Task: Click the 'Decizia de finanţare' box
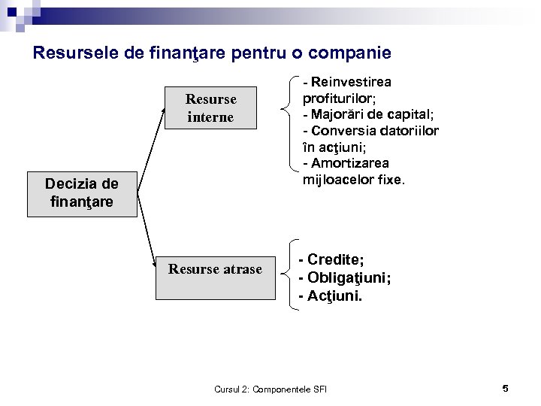[82, 193]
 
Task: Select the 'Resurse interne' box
[210, 108]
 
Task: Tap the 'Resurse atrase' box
[215, 269]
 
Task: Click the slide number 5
[505, 388]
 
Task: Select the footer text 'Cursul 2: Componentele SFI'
[275, 389]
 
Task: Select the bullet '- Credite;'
[331, 259]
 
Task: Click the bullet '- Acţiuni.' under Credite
[330, 296]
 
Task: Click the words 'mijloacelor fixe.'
[353, 180]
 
